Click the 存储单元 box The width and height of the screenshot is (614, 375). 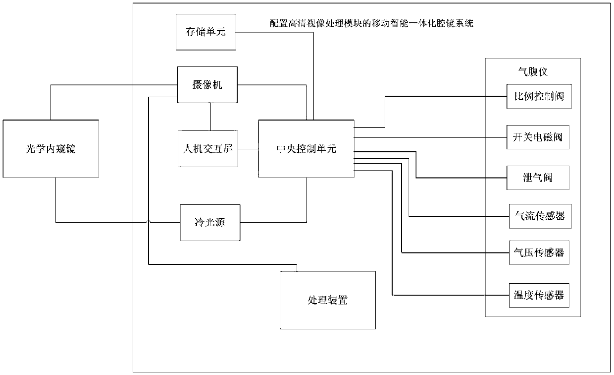(206, 32)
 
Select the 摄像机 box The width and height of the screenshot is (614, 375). (207, 85)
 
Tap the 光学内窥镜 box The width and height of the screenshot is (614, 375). (51, 148)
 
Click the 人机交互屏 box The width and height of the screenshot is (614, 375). (208, 148)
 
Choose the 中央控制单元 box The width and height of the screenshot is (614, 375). (306, 148)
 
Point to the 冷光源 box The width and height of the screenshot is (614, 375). (210, 223)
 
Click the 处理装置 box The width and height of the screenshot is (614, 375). (327, 300)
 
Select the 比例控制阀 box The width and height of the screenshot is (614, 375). (539, 97)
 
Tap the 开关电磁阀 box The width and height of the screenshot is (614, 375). (538, 136)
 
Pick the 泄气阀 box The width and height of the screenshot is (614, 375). (538, 177)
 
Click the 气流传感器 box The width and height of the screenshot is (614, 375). (540, 216)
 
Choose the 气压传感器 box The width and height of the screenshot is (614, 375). (539, 253)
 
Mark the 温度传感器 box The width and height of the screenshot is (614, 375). (539, 295)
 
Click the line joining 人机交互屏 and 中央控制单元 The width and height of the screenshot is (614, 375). (248, 148)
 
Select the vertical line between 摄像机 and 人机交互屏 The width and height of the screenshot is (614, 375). (211, 117)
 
